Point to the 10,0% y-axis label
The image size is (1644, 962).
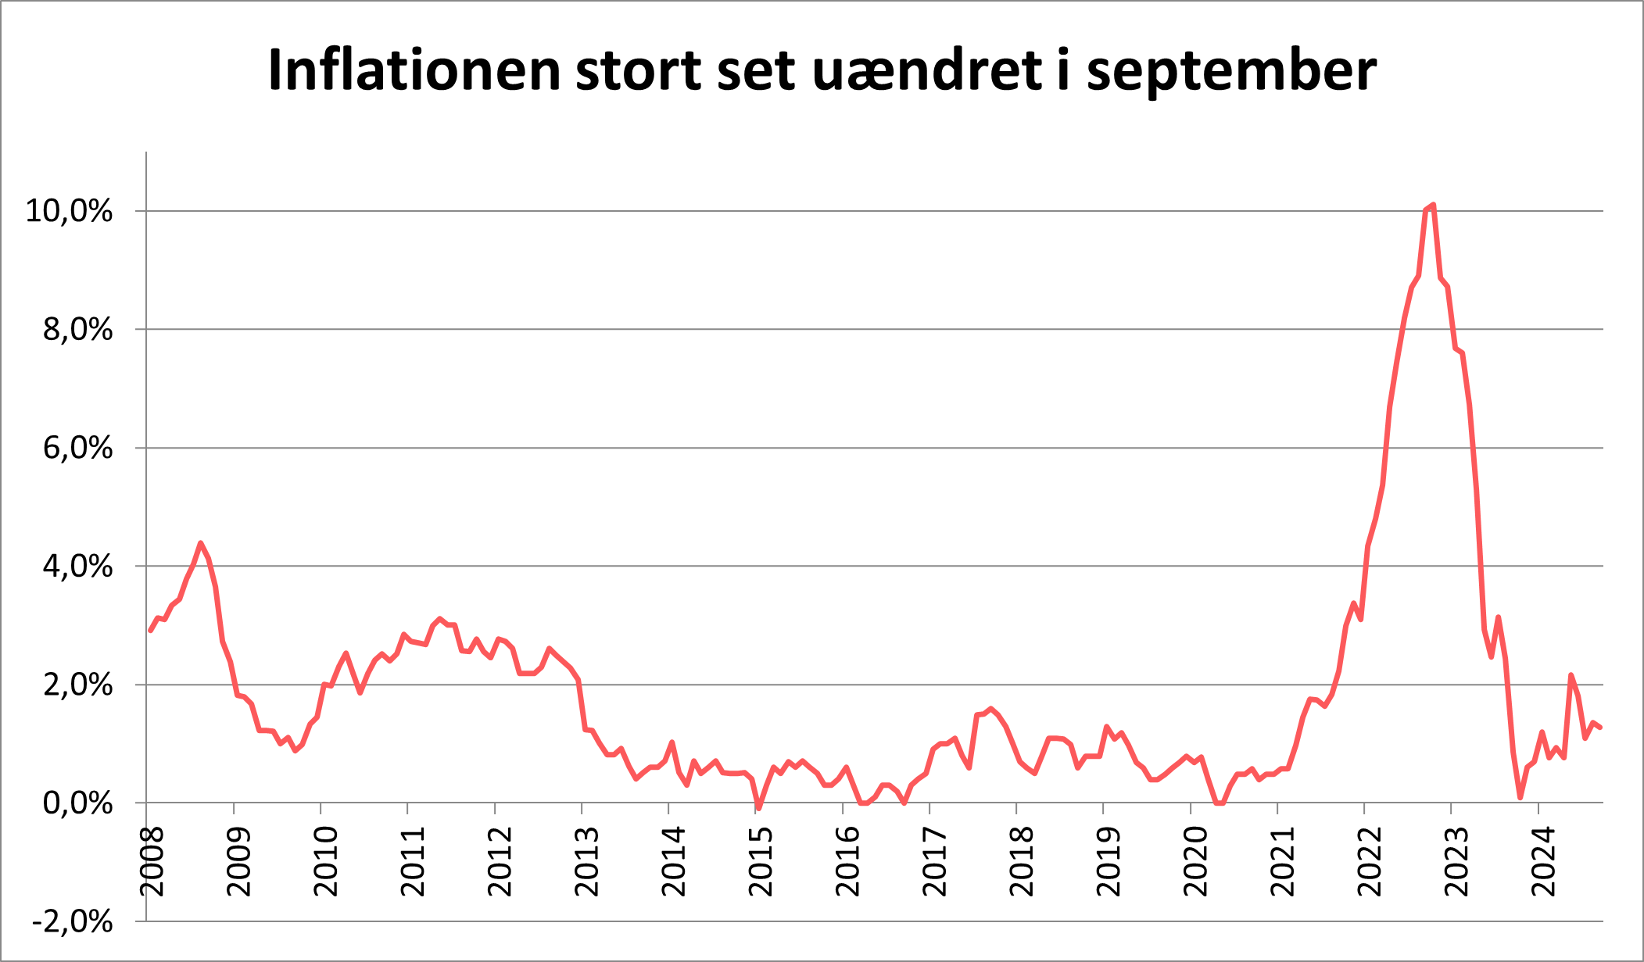click(69, 211)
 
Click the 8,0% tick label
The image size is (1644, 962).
click(77, 330)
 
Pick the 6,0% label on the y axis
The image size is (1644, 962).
click(77, 448)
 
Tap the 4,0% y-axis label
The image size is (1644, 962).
click(77, 567)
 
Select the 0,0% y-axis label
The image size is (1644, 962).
click(77, 803)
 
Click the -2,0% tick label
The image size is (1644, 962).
click(73, 922)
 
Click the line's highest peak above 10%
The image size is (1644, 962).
click(1433, 206)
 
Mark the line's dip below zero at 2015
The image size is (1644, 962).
click(758, 808)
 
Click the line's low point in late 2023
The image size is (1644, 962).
click(1520, 797)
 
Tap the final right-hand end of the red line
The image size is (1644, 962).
click(1601, 728)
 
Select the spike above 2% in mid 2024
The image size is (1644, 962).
click(1571, 675)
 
